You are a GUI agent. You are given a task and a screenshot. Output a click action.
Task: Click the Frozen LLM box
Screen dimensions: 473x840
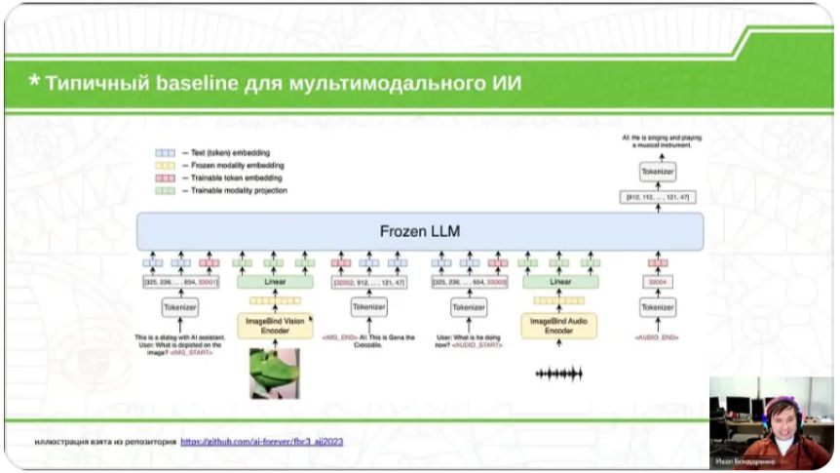click(x=420, y=232)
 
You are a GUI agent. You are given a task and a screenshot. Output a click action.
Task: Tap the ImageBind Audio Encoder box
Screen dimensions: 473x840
click(x=559, y=325)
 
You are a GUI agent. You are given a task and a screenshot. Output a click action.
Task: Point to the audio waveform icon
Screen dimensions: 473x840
click(x=559, y=374)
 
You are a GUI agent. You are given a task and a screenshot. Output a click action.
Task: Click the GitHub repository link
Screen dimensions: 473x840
click(x=261, y=442)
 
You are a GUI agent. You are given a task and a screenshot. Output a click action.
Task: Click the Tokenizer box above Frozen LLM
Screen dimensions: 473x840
click(x=658, y=172)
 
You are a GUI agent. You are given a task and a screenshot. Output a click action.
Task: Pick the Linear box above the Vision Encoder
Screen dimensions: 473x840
click(x=274, y=282)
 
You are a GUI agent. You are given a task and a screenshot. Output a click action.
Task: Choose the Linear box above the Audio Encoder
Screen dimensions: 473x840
click(x=559, y=282)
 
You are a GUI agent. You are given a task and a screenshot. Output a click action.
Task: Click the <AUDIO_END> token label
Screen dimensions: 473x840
click(x=658, y=337)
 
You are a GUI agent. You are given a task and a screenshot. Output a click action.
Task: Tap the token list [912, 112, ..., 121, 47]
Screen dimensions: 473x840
click(x=658, y=198)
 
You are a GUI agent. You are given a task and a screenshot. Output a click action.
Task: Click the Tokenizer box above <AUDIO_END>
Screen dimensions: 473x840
click(x=658, y=307)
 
